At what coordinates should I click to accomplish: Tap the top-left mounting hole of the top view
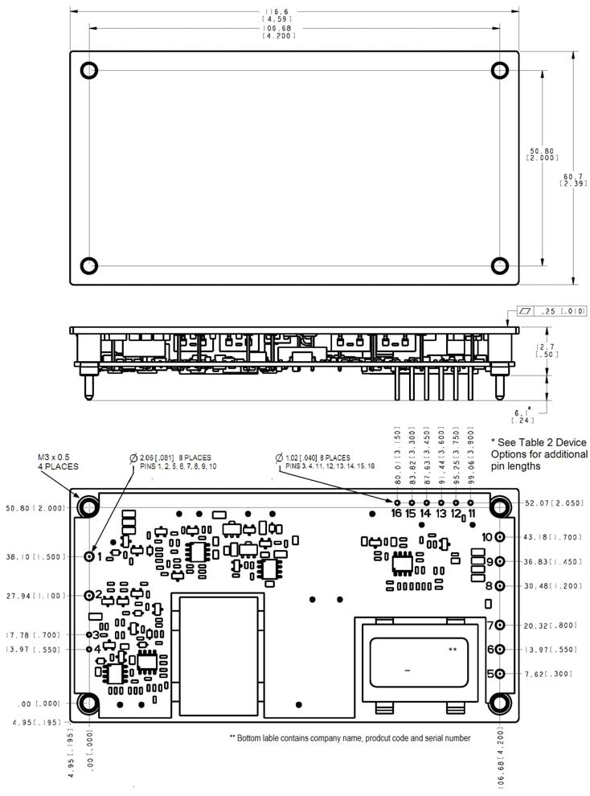tap(88, 69)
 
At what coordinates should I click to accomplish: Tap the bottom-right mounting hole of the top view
tap(500, 265)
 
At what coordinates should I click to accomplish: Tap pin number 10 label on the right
tap(487, 537)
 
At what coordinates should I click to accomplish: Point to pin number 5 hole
tap(500, 674)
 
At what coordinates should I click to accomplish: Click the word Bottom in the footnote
tap(254, 737)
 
